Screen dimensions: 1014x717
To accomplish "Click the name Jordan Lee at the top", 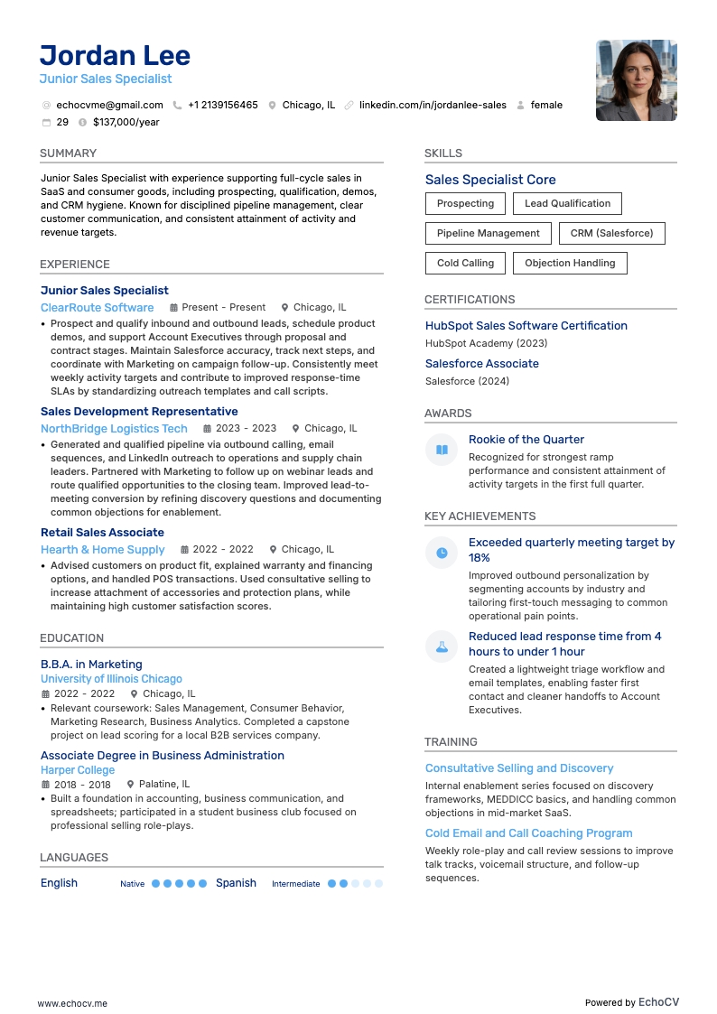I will coord(115,55).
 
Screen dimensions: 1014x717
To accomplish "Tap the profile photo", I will coord(636,80).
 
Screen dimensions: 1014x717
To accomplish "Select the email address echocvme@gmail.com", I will coord(109,105).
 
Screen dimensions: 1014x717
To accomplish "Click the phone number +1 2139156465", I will coord(222,105).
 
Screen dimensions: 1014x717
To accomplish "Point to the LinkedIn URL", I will coord(433,105).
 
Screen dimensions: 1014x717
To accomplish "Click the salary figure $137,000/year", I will coord(126,122).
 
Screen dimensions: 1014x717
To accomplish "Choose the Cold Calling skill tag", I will coord(465,263).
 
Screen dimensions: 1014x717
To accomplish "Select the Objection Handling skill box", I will coord(570,263).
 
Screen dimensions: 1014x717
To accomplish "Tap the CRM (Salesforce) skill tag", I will coord(611,233).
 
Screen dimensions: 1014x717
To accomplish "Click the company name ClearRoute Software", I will coord(97,307).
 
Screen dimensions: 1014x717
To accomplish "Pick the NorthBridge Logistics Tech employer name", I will coord(114,428).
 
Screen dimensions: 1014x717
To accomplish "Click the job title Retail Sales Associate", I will coord(102,532).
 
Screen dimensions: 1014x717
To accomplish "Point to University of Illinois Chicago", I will coord(111,678).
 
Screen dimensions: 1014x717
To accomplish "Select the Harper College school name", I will coord(78,769).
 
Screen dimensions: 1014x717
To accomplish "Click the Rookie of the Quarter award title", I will coord(526,439).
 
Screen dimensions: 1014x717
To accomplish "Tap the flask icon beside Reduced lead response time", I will coord(442,647).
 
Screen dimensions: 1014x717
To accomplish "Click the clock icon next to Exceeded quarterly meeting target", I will coord(442,553).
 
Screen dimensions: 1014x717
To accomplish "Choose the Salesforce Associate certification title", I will coord(481,363).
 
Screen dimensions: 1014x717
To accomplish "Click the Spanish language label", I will coord(236,883).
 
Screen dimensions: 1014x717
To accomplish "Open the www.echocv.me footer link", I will coord(72,1002).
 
